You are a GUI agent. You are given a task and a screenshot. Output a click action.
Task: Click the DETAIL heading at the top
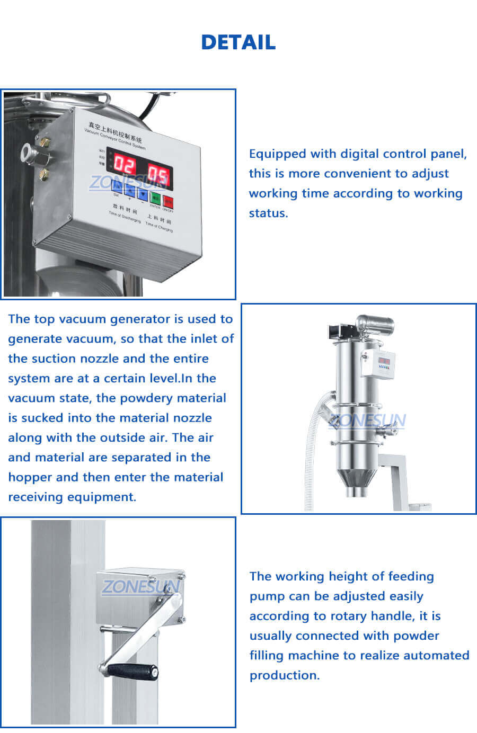(238, 42)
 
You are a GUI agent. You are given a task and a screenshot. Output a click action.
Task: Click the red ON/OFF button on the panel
(168, 201)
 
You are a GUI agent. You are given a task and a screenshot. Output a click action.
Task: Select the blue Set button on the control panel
(117, 186)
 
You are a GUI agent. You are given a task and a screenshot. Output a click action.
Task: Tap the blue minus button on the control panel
(142, 193)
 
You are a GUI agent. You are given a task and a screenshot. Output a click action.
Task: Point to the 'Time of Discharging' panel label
(125, 217)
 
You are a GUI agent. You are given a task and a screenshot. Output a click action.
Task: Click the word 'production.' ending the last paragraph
(285, 675)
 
